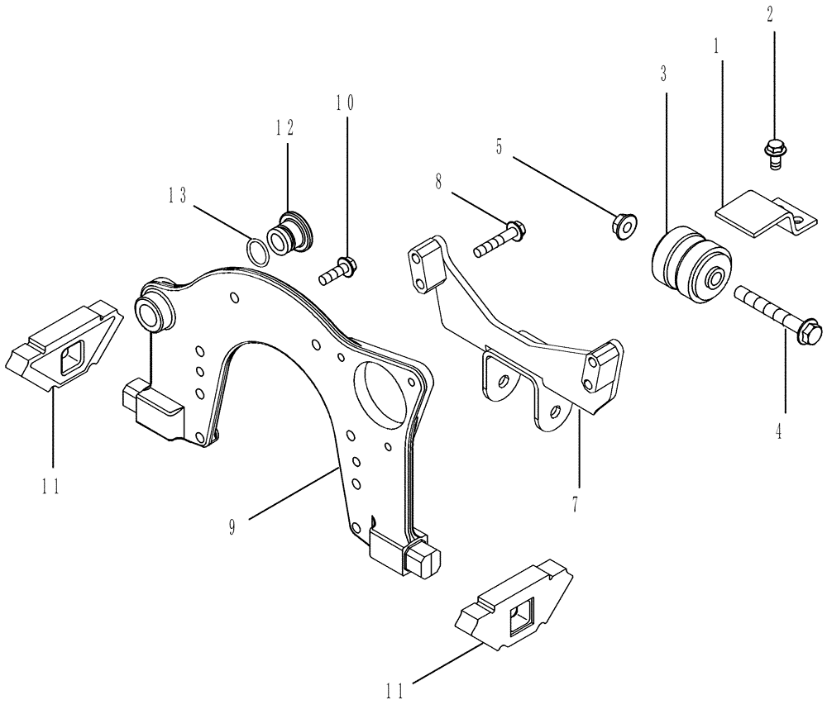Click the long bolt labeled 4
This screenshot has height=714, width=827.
tap(777, 318)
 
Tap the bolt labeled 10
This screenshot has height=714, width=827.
tap(337, 269)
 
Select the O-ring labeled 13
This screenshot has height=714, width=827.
tap(258, 250)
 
